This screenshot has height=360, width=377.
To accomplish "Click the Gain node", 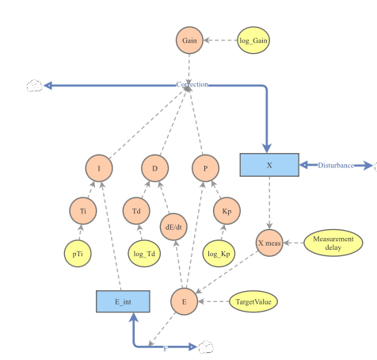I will tap(189, 40).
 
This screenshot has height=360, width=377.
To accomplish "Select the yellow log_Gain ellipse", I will tap(255, 40).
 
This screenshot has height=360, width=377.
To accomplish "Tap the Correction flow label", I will tap(192, 84).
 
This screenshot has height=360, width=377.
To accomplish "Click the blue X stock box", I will tap(268, 165).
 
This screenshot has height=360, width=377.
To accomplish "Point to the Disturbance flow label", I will tap(335, 165).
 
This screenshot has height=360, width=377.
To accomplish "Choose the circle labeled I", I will tap(99, 168).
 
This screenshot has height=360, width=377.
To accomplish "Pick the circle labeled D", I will tap(155, 168).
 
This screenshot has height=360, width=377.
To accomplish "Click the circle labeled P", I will tap(204, 168).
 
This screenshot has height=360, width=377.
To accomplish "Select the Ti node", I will tap(82, 211).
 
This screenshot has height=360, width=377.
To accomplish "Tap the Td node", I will tap(136, 211).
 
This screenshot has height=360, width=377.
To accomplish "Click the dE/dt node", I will tap(173, 226).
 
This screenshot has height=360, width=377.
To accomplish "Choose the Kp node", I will tap(226, 211).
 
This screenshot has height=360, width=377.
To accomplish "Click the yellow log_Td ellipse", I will tap(143, 254).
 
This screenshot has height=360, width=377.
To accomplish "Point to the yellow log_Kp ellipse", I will tap(218, 254).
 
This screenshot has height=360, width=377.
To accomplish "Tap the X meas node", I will tap(269, 242).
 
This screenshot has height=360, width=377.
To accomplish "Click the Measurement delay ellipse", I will tap(333, 243).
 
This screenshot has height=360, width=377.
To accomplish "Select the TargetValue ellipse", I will tap(254, 301).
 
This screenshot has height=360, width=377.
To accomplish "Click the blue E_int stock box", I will tap(122, 301).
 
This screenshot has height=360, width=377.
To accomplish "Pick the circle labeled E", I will tap(184, 301).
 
